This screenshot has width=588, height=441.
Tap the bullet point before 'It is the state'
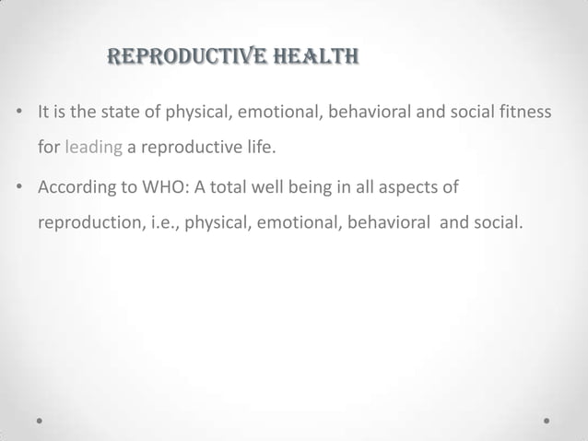coord(20,113)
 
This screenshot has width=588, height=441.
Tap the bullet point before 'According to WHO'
coord(20,189)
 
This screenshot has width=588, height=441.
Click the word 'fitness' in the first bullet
coord(526,113)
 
